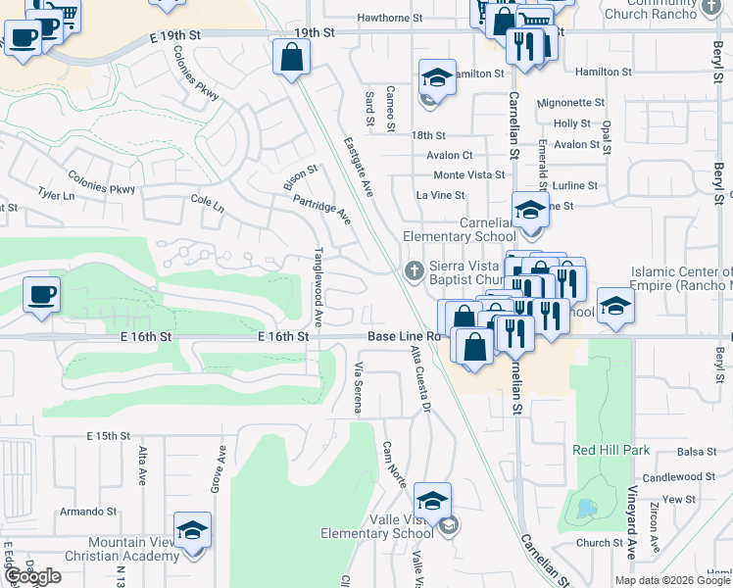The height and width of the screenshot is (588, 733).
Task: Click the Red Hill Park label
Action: click(612, 450)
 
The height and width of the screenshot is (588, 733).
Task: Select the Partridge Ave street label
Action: click(322, 208)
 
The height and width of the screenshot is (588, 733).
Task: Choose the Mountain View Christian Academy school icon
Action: click(193, 531)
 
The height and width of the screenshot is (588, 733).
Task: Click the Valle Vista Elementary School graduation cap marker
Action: click(432, 502)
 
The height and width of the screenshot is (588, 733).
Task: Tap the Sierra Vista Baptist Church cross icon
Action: click(415, 269)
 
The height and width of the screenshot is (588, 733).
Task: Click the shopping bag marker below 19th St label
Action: click(292, 58)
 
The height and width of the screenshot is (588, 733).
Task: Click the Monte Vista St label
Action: click(468, 175)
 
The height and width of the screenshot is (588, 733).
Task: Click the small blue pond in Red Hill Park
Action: click(585, 509)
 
